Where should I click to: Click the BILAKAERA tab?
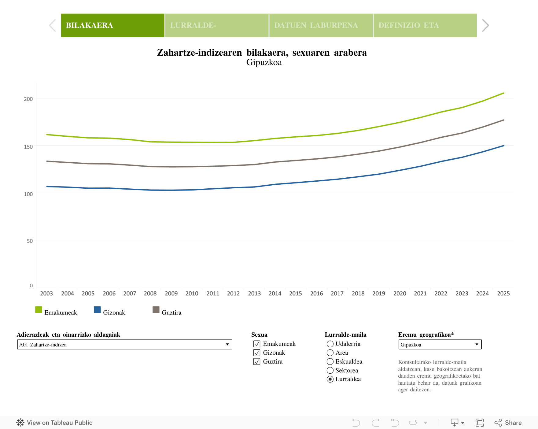(x=113, y=25)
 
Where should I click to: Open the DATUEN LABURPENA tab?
(x=321, y=25)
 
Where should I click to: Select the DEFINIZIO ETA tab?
(x=425, y=25)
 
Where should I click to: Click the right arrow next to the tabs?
(x=485, y=25)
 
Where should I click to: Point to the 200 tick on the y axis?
(x=28, y=99)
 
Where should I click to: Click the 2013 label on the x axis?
(x=254, y=294)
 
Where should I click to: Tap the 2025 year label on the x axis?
(x=503, y=294)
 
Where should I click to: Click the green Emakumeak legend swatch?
(x=39, y=310)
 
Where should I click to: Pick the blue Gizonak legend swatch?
(x=97, y=310)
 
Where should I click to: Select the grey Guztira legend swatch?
(x=156, y=310)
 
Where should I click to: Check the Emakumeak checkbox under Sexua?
(x=257, y=344)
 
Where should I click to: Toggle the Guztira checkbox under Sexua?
(x=257, y=362)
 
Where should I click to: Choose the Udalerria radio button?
(x=330, y=344)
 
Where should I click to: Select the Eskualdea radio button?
(x=330, y=362)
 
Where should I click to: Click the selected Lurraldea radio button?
(x=330, y=379)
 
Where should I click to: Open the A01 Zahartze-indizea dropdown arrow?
(x=227, y=345)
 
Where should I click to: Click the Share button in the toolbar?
(x=508, y=423)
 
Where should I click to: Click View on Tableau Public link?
(x=54, y=423)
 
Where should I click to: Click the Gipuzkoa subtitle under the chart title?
(x=264, y=62)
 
